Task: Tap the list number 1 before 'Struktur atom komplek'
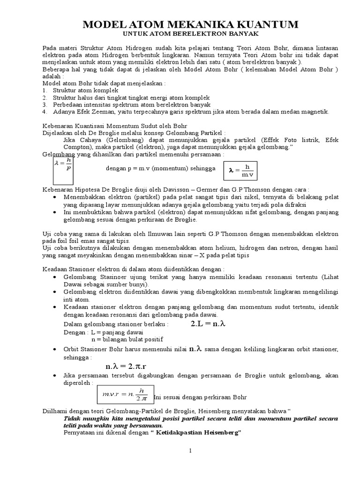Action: (x=44, y=90)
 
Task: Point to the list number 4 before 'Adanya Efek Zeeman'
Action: (x=44, y=112)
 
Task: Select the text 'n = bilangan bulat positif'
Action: (x=127, y=339)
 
